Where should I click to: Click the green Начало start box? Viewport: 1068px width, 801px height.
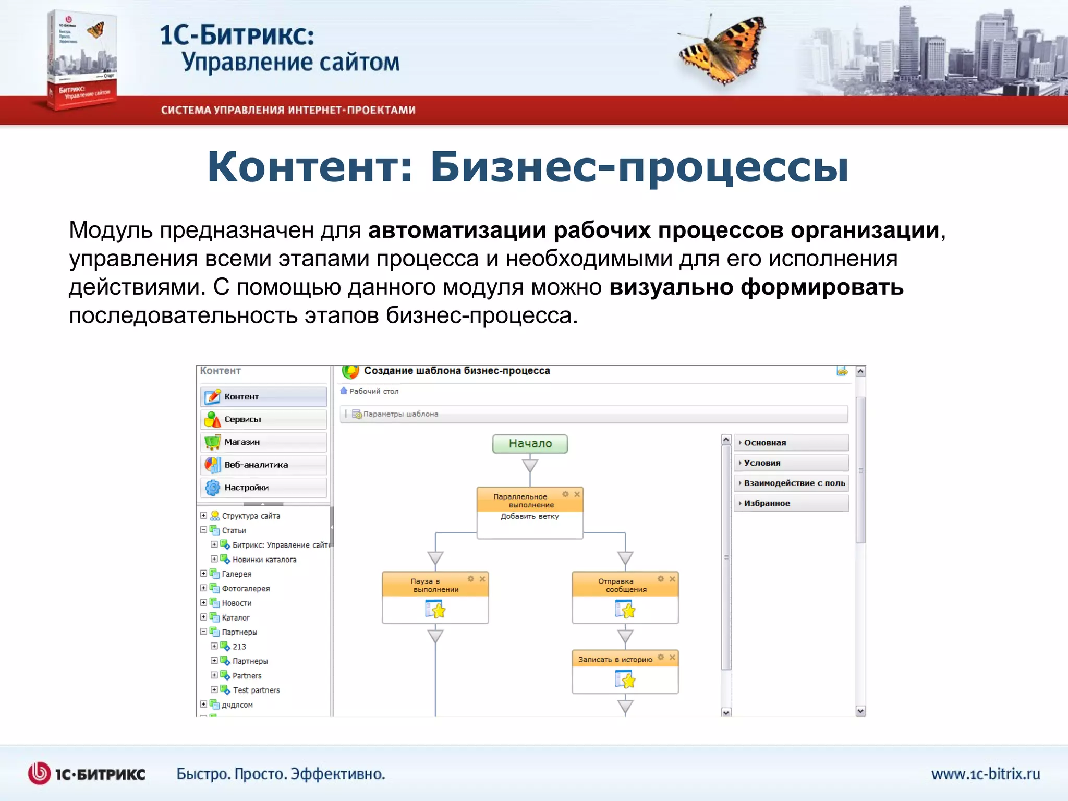pyautogui.click(x=530, y=444)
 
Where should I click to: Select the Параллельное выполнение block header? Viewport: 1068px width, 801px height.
pyautogui.click(x=520, y=501)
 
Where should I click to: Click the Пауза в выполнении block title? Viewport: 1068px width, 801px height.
pyautogui.click(x=435, y=585)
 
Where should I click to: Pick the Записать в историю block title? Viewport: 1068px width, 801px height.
pyautogui.click(x=615, y=660)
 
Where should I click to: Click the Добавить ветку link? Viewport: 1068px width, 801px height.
pyautogui.click(x=529, y=516)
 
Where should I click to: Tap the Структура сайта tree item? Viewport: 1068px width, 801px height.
pyautogui.click(x=251, y=516)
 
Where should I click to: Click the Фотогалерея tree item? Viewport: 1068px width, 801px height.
pyautogui.click(x=246, y=588)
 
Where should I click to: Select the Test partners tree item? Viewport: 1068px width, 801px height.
pyautogui.click(x=256, y=690)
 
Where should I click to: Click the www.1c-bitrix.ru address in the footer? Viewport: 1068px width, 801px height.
pyautogui.click(x=986, y=774)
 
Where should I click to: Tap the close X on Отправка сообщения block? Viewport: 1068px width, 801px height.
pyautogui.click(x=672, y=579)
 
